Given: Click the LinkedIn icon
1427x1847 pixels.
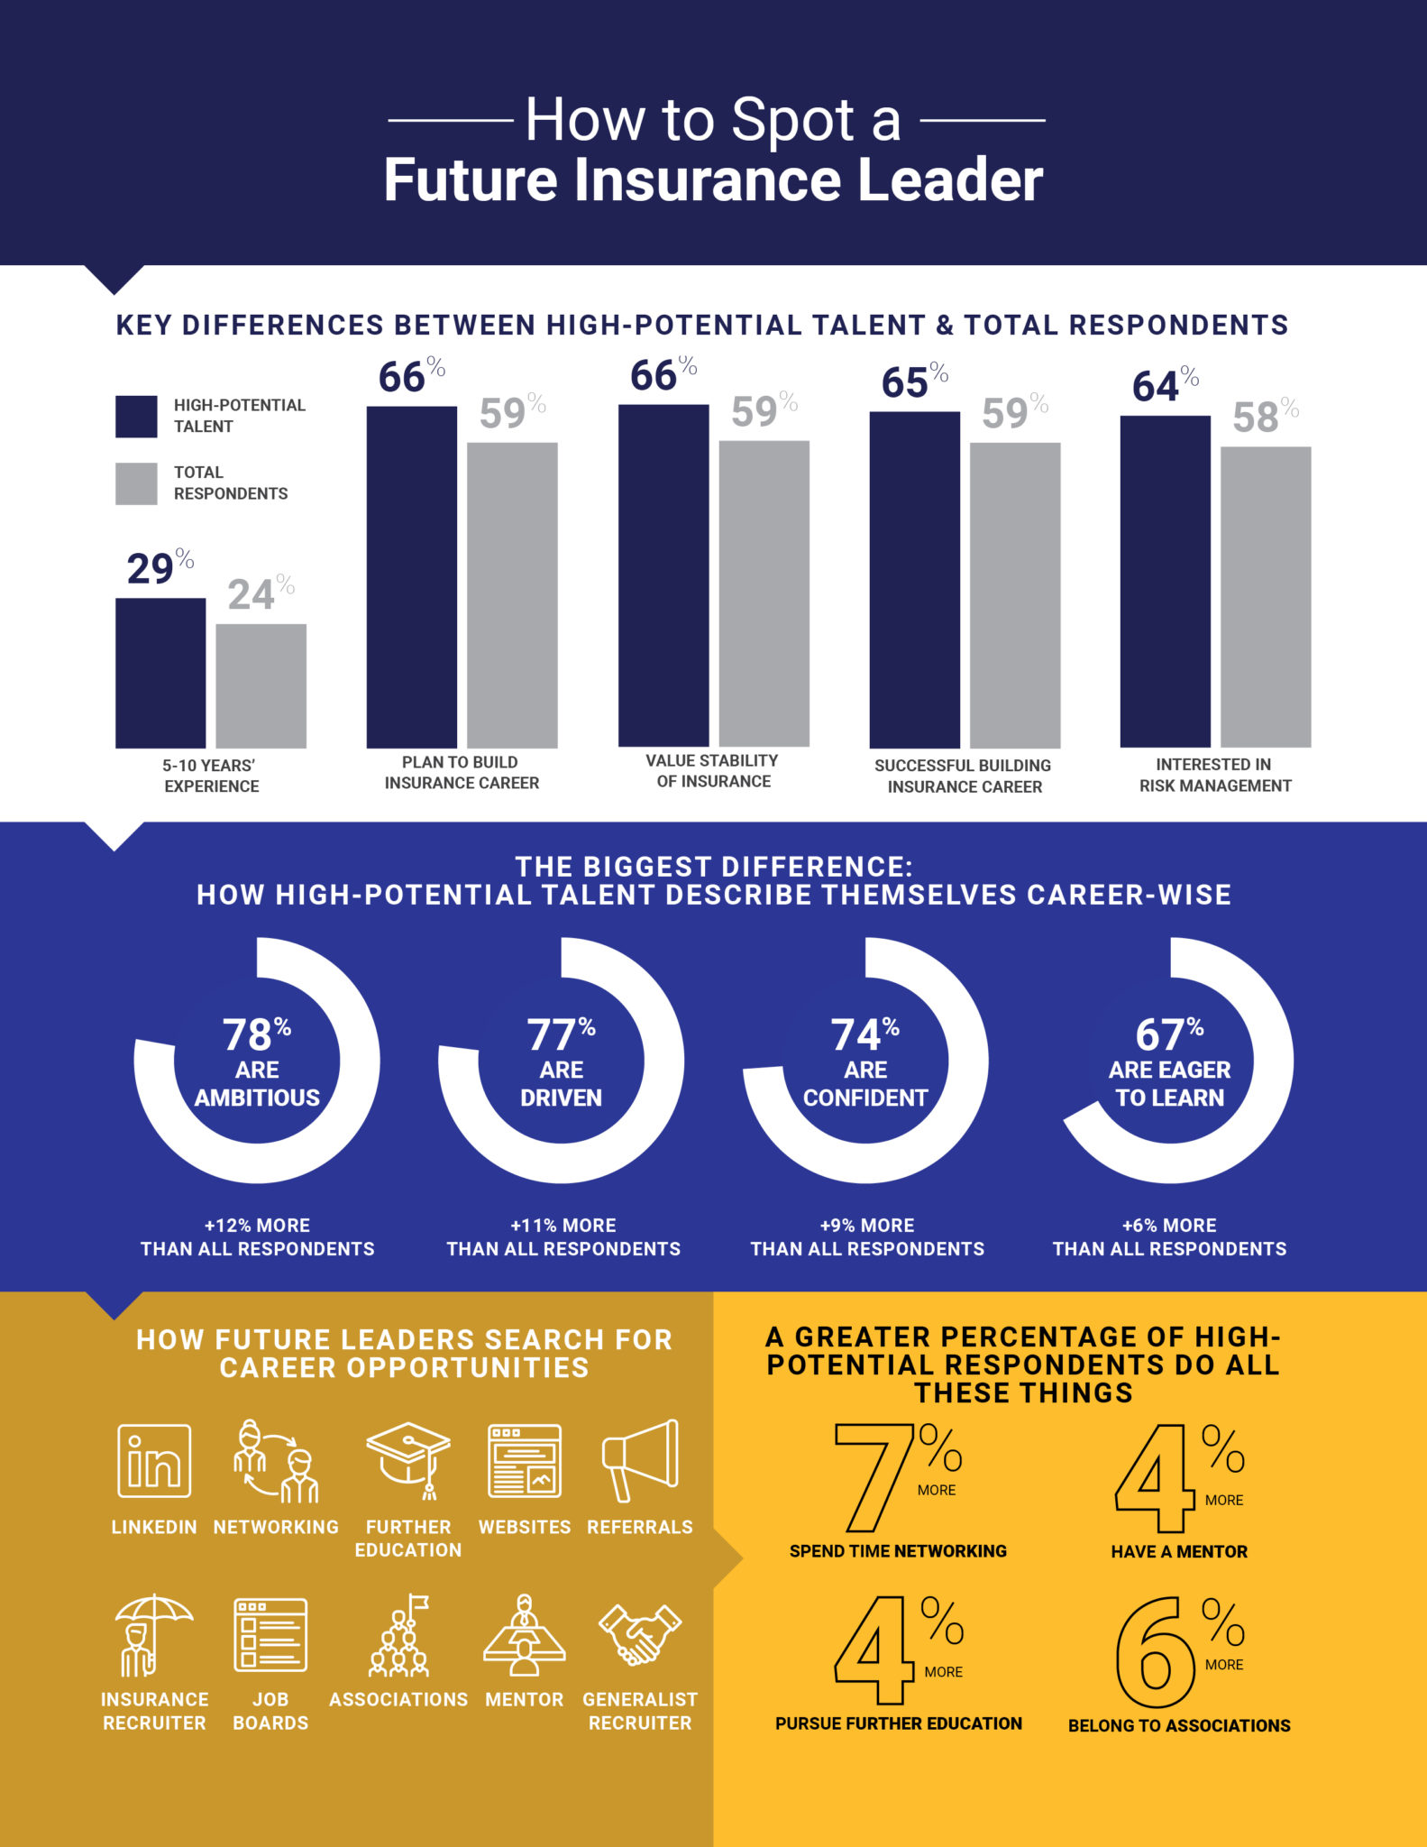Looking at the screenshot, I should tap(154, 1460).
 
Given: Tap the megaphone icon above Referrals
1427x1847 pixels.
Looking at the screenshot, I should tap(640, 1460).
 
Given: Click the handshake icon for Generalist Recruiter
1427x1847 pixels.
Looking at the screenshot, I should tap(640, 1633).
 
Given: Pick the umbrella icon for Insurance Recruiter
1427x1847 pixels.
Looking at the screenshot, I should tap(153, 1634).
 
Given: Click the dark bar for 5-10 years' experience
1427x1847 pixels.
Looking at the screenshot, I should tap(160, 673).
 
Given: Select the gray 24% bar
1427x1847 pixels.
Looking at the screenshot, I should tap(261, 685).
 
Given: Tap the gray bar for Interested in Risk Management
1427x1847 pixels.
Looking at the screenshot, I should tap(1265, 596).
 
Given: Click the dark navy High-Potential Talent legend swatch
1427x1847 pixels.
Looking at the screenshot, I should tap(136, 416).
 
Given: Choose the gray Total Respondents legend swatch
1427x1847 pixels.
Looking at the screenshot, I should tap(136, 483).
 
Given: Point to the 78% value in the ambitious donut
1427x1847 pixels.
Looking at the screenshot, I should tap(256, 1034).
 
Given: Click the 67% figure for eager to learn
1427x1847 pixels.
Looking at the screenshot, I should tap(1169, 1034).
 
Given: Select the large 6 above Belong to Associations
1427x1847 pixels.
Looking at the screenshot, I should tap(1155, 1651).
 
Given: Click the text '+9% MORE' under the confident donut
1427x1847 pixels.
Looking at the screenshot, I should tap(867, 1225).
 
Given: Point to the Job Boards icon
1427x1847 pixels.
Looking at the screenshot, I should tap(270, 1634).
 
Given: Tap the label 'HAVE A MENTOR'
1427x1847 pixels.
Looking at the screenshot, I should tap(1179, 1551).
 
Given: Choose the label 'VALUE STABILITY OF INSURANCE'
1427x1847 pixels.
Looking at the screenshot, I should tap(713, 771).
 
